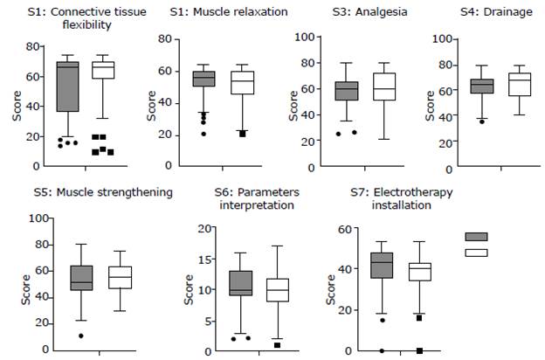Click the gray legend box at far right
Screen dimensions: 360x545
(x=476, y=237)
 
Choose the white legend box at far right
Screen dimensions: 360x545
(x=476, y=253)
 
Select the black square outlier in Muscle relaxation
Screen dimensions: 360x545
(x=242, y=134)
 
